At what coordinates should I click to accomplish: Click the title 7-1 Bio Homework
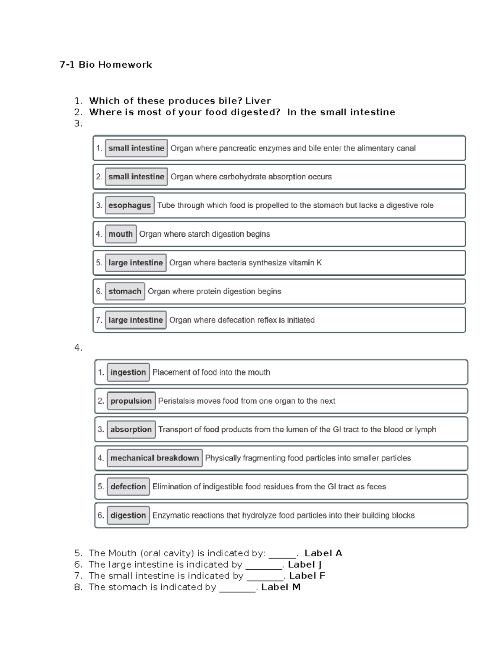[x=106, y=65]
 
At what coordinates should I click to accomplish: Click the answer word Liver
[x=258, y=101]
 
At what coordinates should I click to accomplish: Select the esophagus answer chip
[x=129, y=206]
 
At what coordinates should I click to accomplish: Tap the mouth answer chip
[x=121, y=234]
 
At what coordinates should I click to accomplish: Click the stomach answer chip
[x=125, y=291]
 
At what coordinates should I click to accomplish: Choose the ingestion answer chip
[x=128, y=373]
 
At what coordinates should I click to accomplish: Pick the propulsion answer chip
[x=131, y=401]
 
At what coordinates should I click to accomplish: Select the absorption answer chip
[x=131, y=430]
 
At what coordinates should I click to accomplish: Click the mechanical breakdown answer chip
[x=155, y=458]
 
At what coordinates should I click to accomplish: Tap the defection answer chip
[x=128, y=487]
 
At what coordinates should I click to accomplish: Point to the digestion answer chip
[x=128, y=516]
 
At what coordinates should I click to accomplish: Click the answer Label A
[x=323, y=553]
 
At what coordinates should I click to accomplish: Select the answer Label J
[x=304, y=565]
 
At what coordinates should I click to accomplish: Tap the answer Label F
[x=307, y=576]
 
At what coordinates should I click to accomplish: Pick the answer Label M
[x=281, y=587]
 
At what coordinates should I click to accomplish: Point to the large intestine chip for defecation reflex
[x=136, y=320]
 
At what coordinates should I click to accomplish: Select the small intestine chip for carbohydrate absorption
[x=136, y=177]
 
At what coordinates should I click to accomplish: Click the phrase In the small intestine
[x=341, y=112]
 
